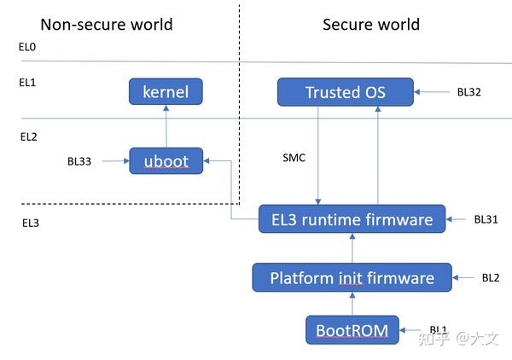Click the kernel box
pyautogui.click(x=166, y=91)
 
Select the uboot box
pyautogui.click(x=166, y=160)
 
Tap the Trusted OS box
pyautogui.click(x=345, y=91)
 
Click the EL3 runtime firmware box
pyautogui.click(x=352, y=219)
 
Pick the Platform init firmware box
pyautogui.click(x=352, y=277)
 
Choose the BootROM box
pyautogui.click(x=352, y=329)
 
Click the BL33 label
pyautogui.click(x=79, y=160)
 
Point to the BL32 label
pyautogui.click(x=469, y=91)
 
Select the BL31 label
pyautogui.click(x=486, y=219)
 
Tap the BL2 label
pyautogui.click(x=490, y=277)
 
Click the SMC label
pyautogui.click(x=294, y=158)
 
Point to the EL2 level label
pyautogui.click(x=28, y=136)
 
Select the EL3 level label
pyautogui.click(x=31, y=224)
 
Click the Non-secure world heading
pyautogui.click(x=107, y=24)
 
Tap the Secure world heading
pyautogui.click(x=370, y=24)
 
